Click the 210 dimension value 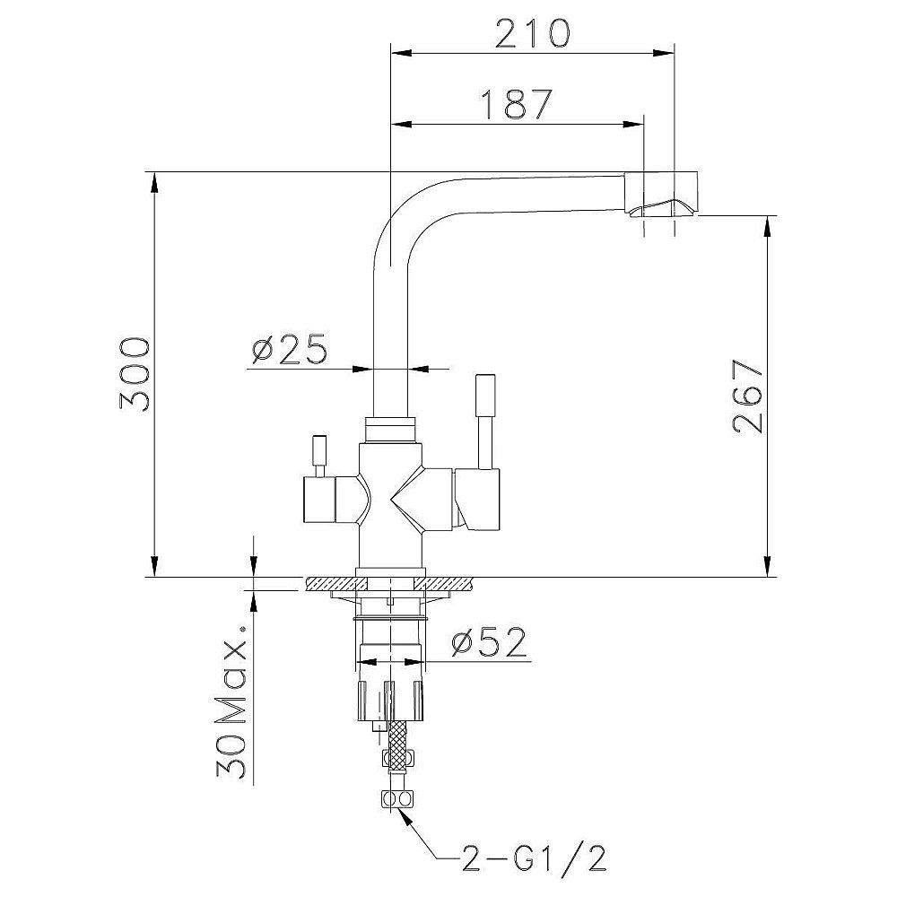532,33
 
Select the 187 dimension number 517,104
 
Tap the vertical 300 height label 135,374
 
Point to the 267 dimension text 748,397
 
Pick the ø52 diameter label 488,642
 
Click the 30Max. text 231,701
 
